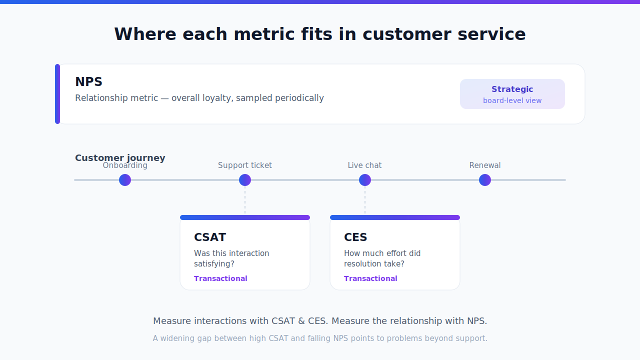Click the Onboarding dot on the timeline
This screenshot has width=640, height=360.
125,180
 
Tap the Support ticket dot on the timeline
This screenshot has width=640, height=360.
245,180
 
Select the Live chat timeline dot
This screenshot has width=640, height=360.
365,180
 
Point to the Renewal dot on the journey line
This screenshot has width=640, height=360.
485,180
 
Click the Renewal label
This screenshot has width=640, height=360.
485,165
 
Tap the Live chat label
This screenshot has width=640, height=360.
364,165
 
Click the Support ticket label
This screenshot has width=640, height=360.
245,165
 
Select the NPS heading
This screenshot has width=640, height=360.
88,81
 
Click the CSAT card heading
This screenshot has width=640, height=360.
210,237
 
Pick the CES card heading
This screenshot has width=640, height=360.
355,237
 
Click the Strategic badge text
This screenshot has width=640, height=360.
512,89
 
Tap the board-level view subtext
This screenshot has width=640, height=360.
512,100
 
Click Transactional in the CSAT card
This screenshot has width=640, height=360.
220,278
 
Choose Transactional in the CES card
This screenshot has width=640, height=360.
370,278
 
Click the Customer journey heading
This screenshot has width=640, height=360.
120,158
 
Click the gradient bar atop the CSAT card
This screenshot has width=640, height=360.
245,217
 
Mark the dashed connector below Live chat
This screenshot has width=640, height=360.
365,200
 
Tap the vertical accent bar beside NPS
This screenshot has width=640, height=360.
57,94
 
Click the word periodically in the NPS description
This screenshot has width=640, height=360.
299,98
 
